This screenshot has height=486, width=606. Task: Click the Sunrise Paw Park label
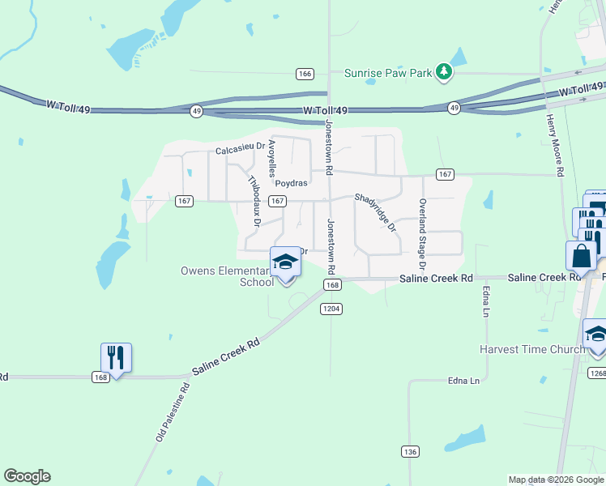click(388, 73)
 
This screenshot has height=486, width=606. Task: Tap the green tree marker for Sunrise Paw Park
click(443, 73)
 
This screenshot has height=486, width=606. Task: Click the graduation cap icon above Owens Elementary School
click(284, 262)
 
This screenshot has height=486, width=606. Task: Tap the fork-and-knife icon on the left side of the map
click(116, 357)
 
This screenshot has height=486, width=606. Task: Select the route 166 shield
click(305, 74)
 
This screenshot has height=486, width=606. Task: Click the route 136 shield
click(409, 450)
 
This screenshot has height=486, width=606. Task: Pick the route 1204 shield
click(331, 309)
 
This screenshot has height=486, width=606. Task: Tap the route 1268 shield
click(597, 373)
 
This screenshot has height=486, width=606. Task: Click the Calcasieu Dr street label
click(240, 150)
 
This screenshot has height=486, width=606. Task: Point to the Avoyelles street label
click(272, 158)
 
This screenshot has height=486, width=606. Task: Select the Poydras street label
click(292, 183)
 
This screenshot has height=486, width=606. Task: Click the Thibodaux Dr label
click(253, 200)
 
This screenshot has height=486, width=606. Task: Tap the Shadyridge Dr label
click(376, 212)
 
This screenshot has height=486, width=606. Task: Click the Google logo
click(27, 476)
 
